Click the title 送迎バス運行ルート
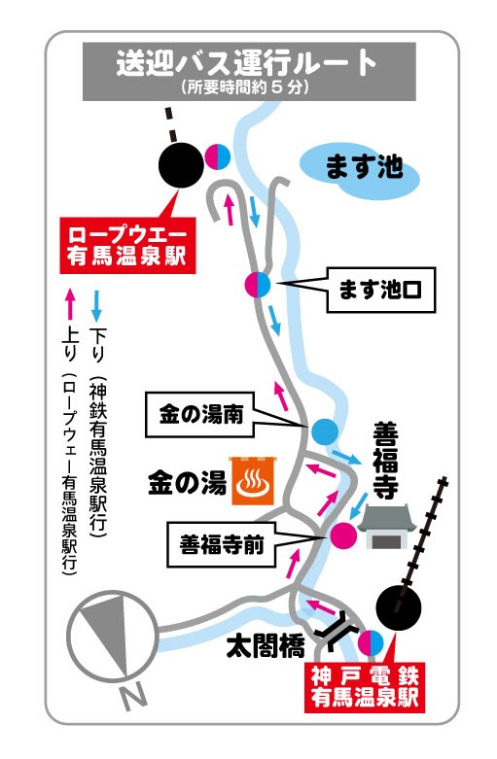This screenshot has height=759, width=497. (247, 64)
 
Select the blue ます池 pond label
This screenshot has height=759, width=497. (362, 168)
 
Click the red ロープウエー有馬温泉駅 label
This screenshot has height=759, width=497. (125, 245)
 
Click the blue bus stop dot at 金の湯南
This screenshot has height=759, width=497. (324, 430)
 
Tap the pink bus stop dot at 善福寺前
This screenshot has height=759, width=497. (341, 534)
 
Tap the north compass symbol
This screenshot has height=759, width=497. (109, 640)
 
